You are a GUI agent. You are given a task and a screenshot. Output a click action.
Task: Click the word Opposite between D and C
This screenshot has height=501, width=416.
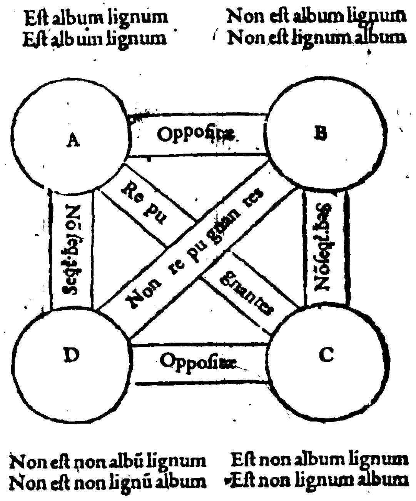coord(197,361)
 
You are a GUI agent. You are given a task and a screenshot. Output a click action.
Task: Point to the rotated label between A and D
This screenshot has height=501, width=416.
coord(72,250)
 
